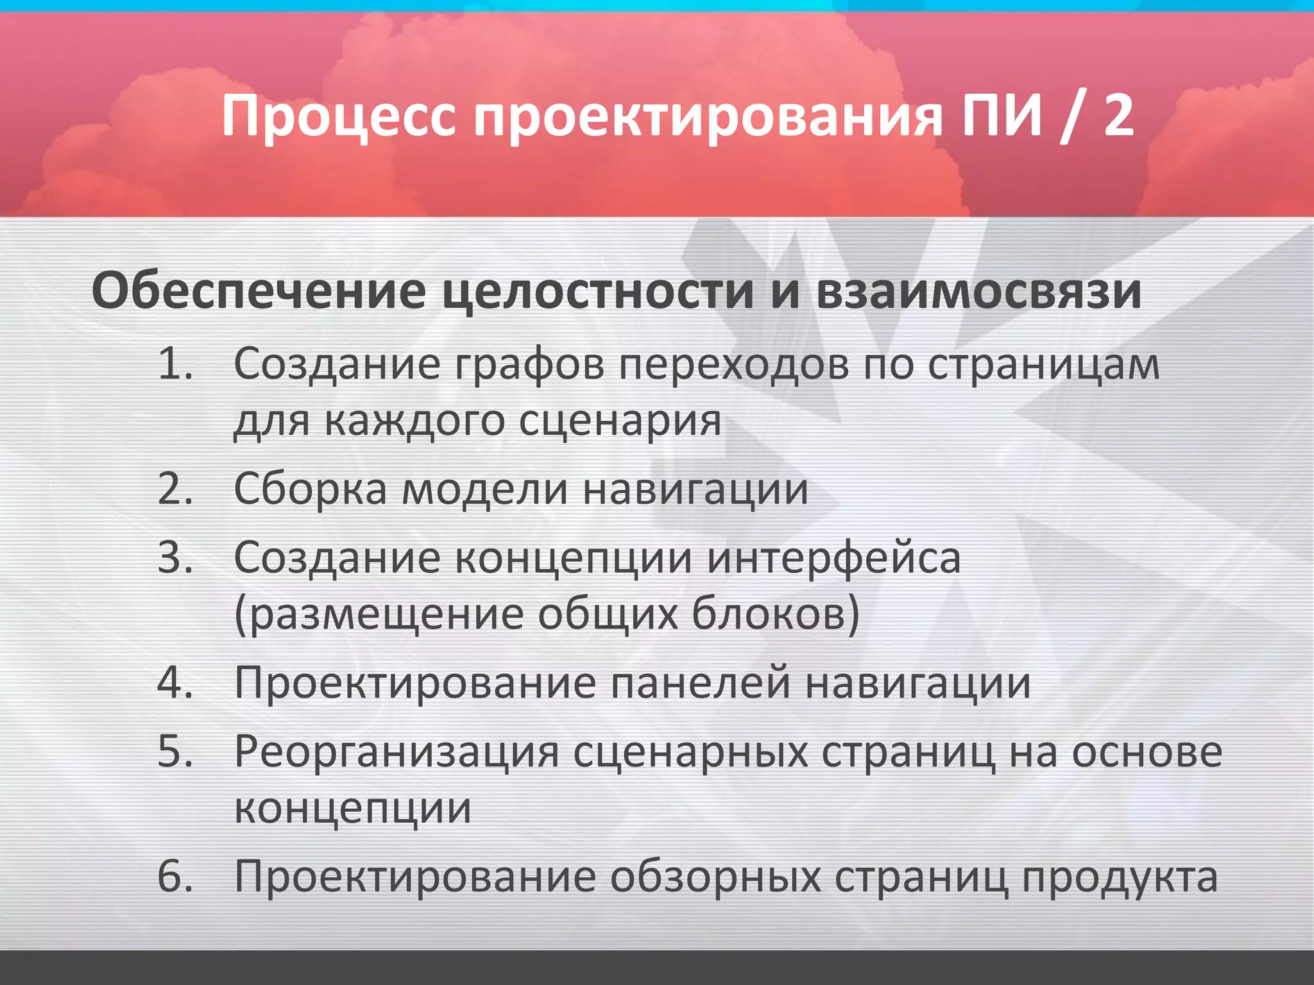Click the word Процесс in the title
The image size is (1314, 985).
(339, 117)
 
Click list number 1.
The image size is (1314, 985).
(175, 364)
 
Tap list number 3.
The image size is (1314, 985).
(175, 557)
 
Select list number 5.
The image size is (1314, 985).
(175, 751)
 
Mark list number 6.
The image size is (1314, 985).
(175, 876)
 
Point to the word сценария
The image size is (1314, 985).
(620, 422)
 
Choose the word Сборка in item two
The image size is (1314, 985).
(311, 489)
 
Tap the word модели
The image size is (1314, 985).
(485, 489)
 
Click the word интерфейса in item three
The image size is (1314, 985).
(834, 558)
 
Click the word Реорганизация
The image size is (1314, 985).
(397, 752)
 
